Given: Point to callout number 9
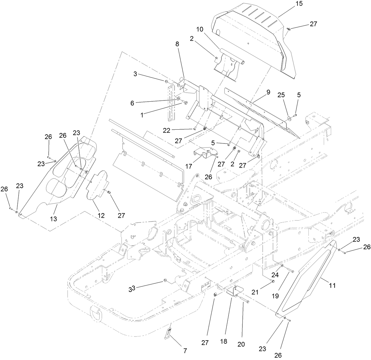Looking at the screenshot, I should click(x=268, y=92).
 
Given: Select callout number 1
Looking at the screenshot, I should click(x=142, y=115).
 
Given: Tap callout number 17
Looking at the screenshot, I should click(x=189, y=166).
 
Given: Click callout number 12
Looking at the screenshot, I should click(x=101, y=215).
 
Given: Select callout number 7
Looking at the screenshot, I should click(x=185, y=351).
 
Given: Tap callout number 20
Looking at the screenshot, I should click(x=241, y=344).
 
